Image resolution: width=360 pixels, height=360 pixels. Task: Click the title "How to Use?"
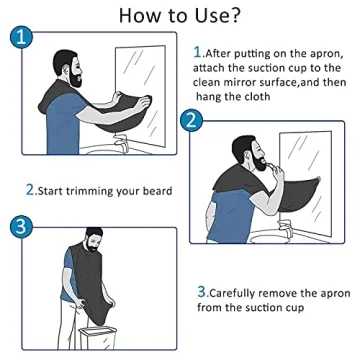coord(181,15)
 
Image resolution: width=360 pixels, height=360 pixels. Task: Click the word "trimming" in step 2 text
coord(96,190)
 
